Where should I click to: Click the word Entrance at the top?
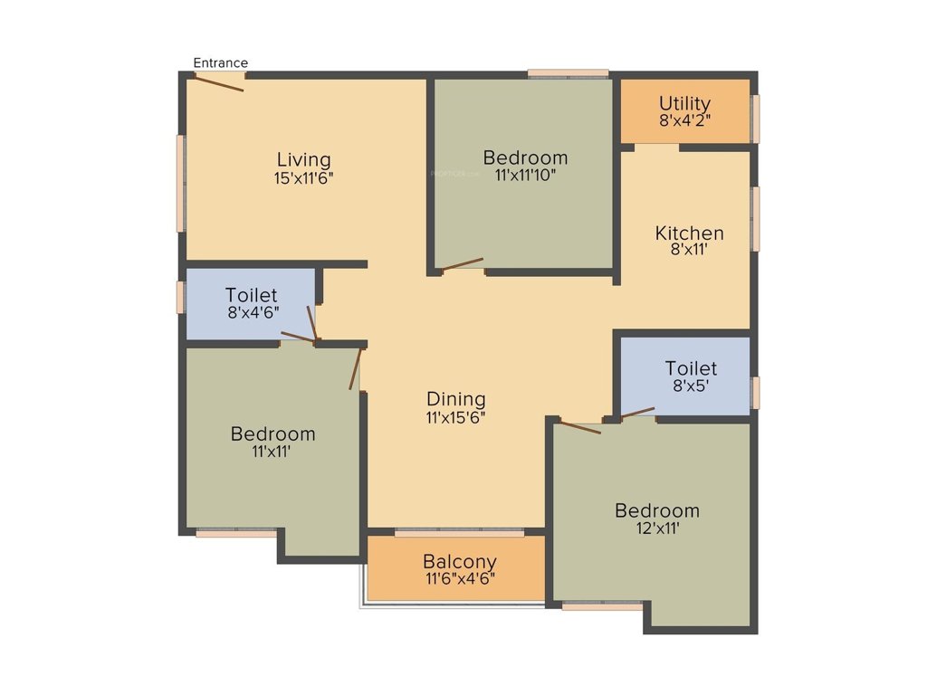[221, 62]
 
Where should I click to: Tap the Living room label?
[303, 161]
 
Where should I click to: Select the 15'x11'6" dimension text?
[303, 178]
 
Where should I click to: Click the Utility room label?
[684, 103]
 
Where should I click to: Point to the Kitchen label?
[689, 233]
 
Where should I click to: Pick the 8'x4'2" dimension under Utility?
[684, 120]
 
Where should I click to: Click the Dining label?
[456, 399]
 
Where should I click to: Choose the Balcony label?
[460, 561]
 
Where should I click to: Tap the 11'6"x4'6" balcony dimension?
[460, 578]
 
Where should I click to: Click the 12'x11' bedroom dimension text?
[657, 528]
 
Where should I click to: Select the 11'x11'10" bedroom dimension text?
[525, 176]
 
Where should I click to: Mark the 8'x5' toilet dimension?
[691, 386]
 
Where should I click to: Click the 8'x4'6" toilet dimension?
[252, 312]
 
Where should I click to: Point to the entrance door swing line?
[219, 82]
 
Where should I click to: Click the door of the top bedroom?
[462, 264]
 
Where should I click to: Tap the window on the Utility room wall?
[756, 118]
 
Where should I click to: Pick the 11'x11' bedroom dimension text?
[272, 451]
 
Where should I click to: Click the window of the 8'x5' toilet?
[756, 393]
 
